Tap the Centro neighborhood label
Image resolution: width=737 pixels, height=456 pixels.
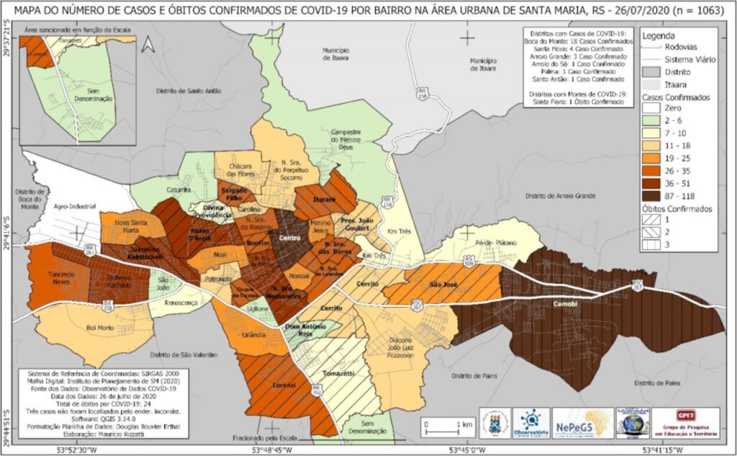point(289,238)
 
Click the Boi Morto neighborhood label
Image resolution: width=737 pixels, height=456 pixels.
point(100,329)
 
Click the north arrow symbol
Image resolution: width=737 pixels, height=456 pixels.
point(148,45)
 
